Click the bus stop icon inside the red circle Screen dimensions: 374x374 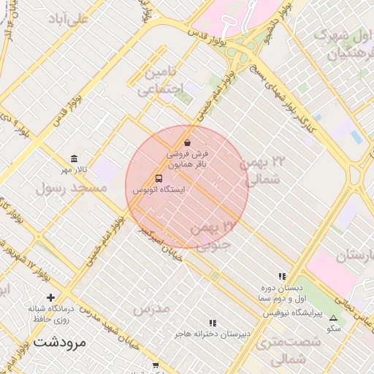[x=159, y=178]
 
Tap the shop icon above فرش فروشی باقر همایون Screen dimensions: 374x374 [x=188, y=142]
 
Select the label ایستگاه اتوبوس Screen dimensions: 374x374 [x=159, y=190]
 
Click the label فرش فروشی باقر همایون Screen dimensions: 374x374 [x=188, y=160]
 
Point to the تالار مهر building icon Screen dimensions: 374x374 [x=74, y=159]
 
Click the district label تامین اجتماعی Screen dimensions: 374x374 [x=159, y=81]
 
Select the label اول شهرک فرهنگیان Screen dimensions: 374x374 [x=340, y=44]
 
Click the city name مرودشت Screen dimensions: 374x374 [x=60, y=341]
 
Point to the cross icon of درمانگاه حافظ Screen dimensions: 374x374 [x=50, y=297]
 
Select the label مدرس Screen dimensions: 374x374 [x=151, y=308]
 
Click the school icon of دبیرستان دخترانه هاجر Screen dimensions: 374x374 [x=213, y=322]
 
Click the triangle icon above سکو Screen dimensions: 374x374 [x=334, y=318]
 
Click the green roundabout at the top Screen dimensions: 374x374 [x=250, y=45]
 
